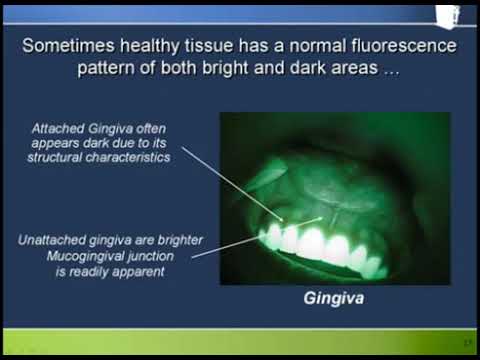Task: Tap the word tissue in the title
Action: (227, 46)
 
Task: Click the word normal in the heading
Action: (323, 46)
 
